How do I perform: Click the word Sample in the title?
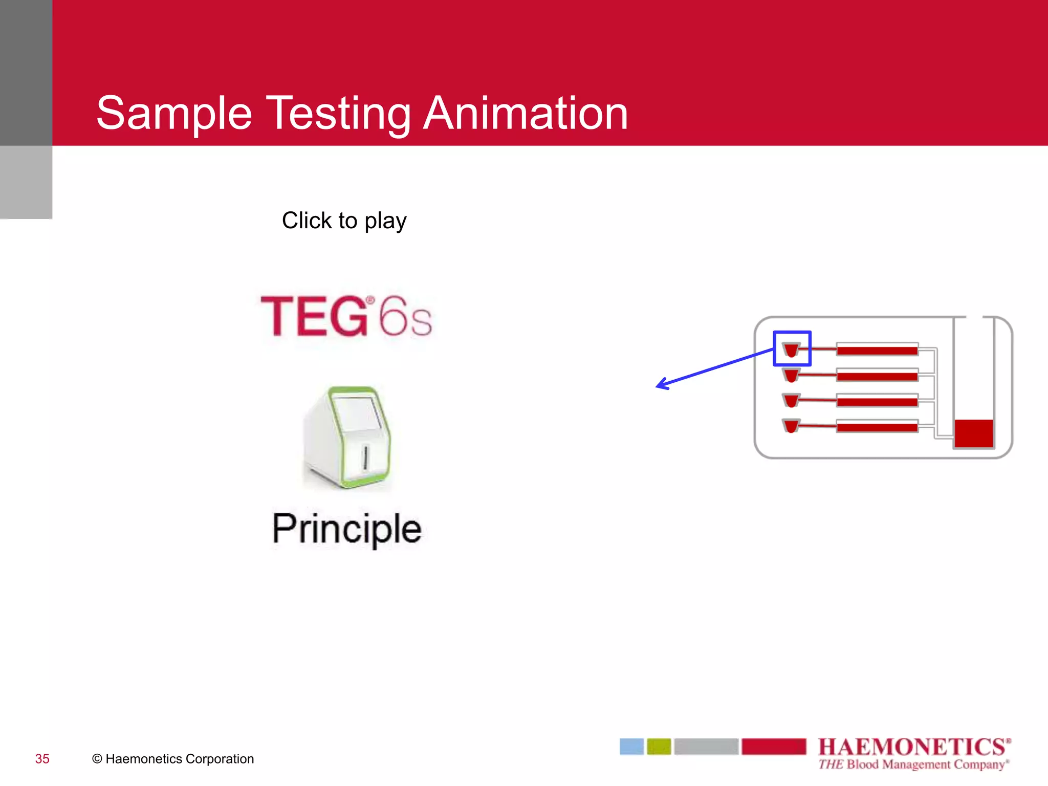tap(174, 113)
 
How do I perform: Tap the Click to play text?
tap(344, 221)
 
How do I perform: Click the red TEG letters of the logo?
tap(314, 316)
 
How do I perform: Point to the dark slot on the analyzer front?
tap(365, 457)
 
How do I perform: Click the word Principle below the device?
tap(346, 529)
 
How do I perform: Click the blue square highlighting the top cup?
tap(792, 334)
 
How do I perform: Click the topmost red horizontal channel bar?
tap(877, 351)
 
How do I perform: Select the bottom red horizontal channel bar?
tap(877, 427)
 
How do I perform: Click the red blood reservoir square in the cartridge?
tap(973, 433)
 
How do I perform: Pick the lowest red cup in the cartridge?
tap(791, 426)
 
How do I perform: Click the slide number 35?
tap(42, 759)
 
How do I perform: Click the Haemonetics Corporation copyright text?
tap(173, 759)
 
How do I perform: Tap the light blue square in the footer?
tap(631, 747)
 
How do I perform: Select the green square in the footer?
tap(659, 747)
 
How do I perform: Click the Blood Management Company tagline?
tap(913, 765)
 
